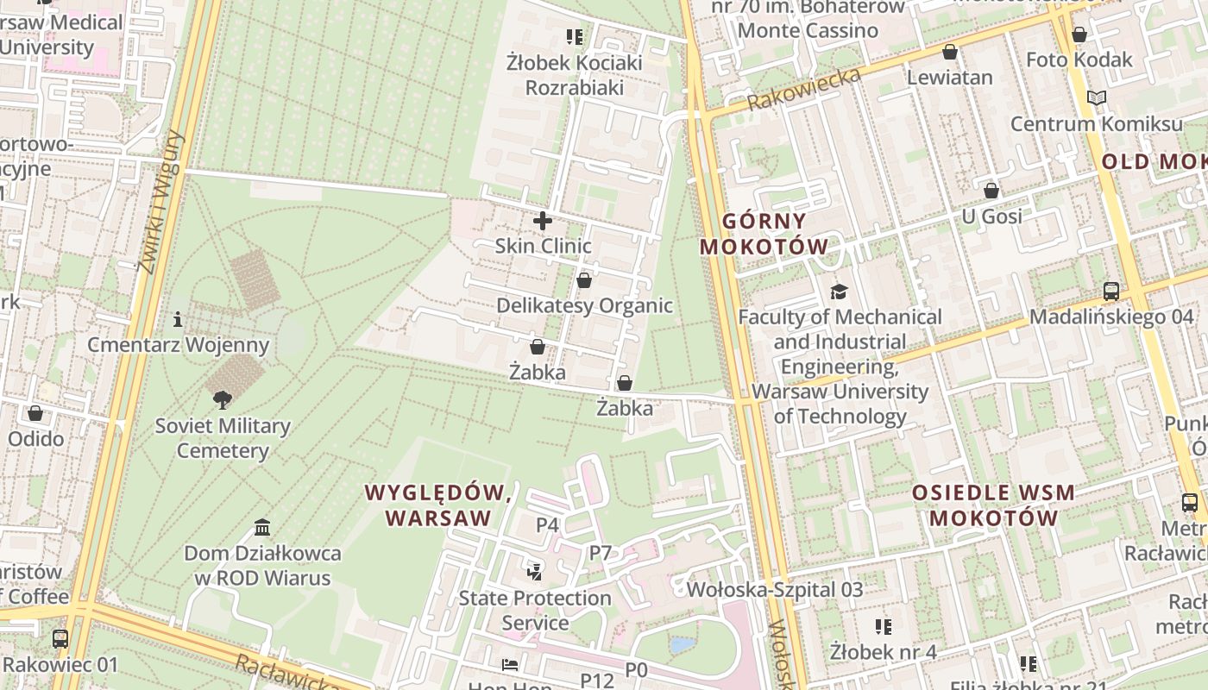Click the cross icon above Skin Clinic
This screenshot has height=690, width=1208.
tap(543, 221)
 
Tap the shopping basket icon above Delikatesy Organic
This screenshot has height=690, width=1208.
tap(584, 280)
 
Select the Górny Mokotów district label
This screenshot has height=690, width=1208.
tap(764, 234)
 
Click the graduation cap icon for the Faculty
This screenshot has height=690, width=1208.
tap(839, 292)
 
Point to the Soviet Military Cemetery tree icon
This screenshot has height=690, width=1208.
tap(223, 399)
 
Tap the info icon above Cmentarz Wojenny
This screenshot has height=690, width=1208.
tap(178, 319)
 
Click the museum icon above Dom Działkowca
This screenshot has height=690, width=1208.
tap(262, 527)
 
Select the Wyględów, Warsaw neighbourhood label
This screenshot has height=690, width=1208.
tap(438, 505)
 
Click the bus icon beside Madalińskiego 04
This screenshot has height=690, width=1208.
tap(1111, 292)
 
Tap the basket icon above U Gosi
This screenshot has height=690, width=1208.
tap(991, 190)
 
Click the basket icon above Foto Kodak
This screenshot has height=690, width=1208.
tap(1079, 34)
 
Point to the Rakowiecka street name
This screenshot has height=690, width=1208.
tap(804, 89)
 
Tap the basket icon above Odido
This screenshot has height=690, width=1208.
tap(35, 413)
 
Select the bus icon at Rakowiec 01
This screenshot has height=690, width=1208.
tap(60, 639)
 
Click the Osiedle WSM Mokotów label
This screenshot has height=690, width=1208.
tap(993, 505)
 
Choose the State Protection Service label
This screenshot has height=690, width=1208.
tap(535, 610)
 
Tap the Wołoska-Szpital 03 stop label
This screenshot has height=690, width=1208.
tap(775, 590)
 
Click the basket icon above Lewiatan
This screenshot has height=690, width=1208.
tap(950, 52)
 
